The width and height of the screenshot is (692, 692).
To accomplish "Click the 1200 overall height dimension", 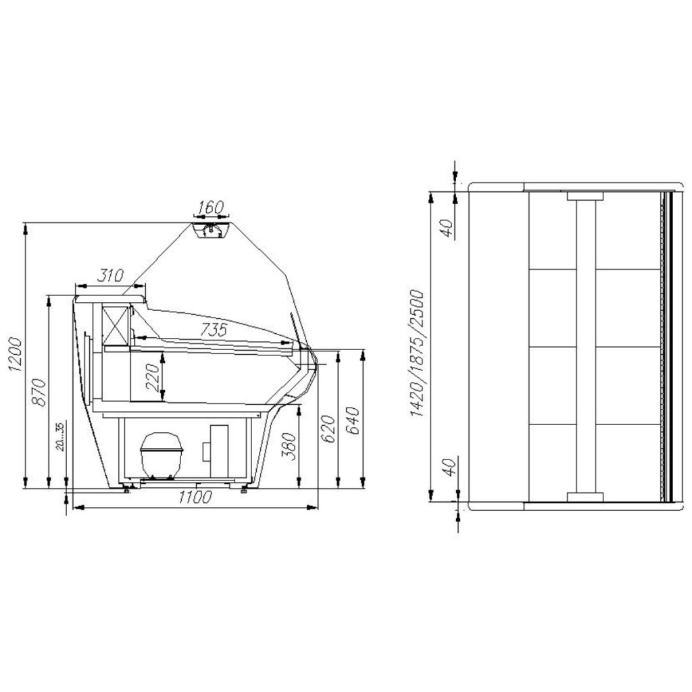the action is tap(15, 354).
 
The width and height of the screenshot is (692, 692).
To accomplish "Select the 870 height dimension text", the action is tap(39, 392).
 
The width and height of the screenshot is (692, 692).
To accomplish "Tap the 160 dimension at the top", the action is tap(212, 207).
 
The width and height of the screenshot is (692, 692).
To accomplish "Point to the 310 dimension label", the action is tap(110, 276).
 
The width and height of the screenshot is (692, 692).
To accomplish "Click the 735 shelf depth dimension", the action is tap(213, 329).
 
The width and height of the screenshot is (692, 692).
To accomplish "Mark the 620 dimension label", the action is tap(328, 428).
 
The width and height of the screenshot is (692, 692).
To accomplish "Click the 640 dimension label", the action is tap(354, 420).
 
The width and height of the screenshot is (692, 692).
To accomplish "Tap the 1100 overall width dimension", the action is tap(195, 497).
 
